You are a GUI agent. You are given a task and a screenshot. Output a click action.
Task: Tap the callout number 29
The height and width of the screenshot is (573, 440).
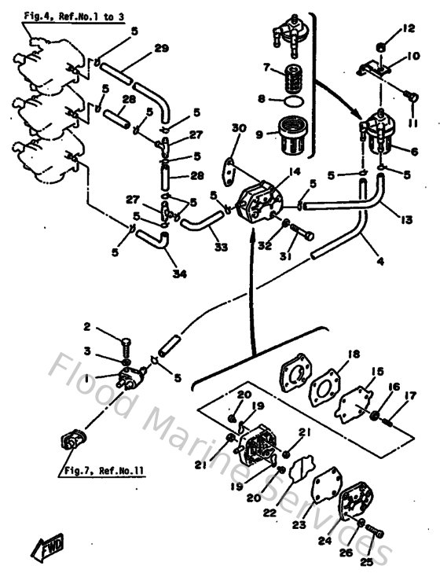[x=161, y=49]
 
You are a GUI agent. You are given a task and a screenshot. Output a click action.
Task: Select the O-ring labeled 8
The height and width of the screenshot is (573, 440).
[x=291, y=101]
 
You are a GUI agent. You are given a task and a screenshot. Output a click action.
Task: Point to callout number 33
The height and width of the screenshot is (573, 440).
[x=221, y=247]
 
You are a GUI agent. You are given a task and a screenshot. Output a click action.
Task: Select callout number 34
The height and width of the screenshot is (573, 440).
[x=181, y=274]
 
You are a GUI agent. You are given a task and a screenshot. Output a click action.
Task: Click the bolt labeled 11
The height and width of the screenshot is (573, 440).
[x=409, y=96]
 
